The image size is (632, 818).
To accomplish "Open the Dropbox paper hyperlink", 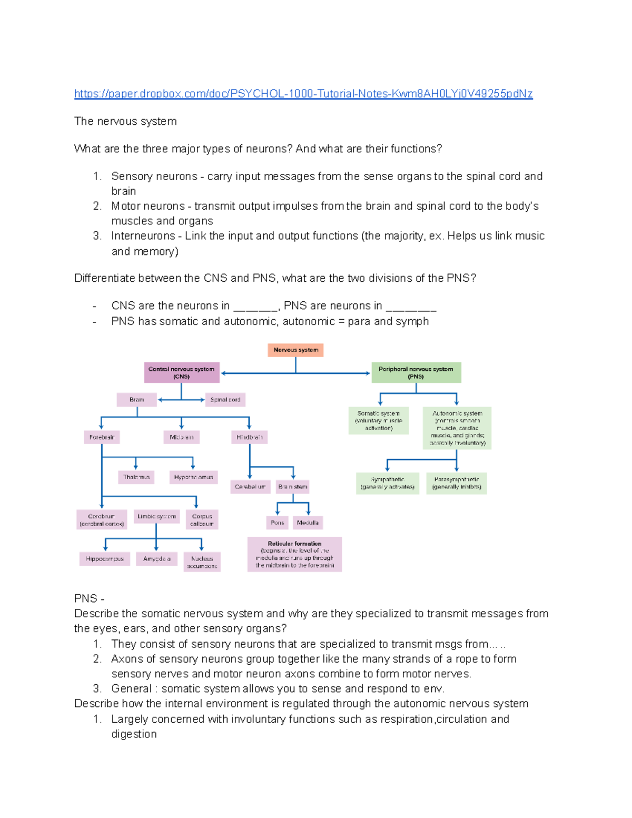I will (x=303, y=94).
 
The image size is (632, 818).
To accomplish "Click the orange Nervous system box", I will (x=295, y=350).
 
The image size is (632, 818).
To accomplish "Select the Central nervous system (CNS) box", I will (x=182, y=372).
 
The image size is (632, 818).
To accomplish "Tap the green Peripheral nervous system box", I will (x=416, y=372).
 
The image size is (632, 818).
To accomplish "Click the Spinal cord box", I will (x=225, y=400).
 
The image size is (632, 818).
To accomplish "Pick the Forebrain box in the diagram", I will (x=102, y=437).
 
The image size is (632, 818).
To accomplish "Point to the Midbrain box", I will (x=181, y=437).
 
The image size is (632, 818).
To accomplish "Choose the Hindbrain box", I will (x=249, y=437).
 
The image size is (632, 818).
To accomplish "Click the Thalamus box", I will (x=136, y=477).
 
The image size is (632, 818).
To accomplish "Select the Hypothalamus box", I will (x=193, y=477).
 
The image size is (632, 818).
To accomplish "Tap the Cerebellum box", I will (x=250, y=487).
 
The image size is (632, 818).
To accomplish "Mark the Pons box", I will (x=277, y=523).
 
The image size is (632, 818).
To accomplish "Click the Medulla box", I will (x=308, y=523).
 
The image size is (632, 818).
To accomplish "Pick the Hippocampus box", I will (x=104, y=559).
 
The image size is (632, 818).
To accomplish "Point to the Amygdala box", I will (x=156, y=559).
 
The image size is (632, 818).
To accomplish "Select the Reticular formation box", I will (x=294, y=554).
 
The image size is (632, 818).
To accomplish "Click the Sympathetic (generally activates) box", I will (x=388, y=483).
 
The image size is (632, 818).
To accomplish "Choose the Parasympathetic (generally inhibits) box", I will (x=457, y=483).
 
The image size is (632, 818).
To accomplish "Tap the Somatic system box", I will (x=379, y=420).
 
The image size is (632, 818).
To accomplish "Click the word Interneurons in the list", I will (x=143, y=236).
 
